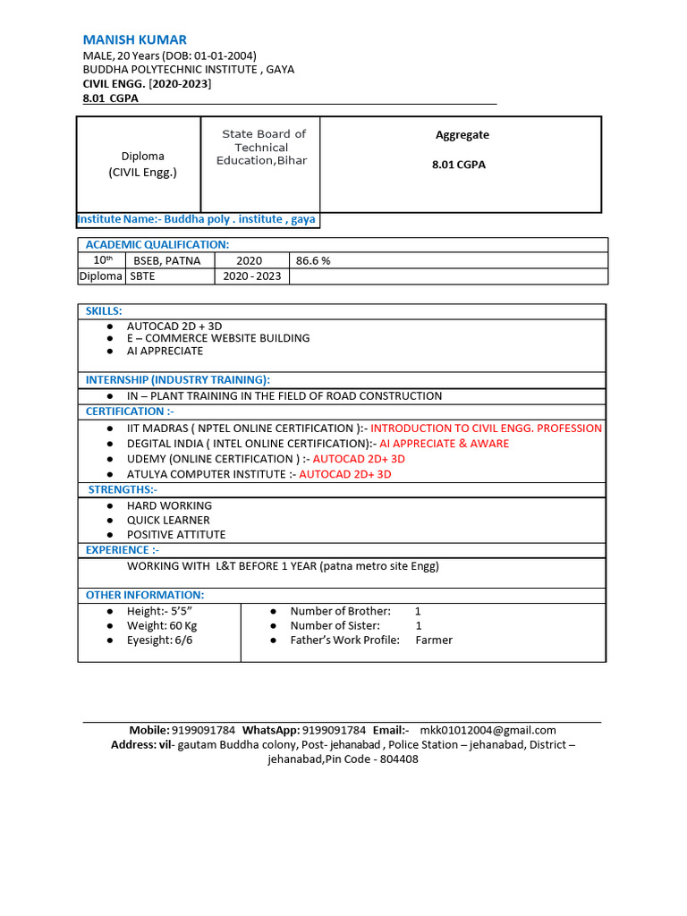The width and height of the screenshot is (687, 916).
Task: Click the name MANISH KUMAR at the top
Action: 134,39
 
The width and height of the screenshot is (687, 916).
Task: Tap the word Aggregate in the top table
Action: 462,135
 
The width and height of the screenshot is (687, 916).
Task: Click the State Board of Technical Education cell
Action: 261,148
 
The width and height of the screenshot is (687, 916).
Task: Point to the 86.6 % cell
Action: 313,261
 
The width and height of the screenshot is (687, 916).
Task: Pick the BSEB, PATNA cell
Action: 168,261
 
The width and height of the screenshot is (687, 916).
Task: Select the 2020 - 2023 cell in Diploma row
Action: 252,276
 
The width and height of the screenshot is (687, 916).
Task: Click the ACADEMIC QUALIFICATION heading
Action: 157,245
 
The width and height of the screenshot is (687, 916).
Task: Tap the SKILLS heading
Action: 104,310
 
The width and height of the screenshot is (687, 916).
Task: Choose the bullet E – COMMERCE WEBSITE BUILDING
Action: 217,338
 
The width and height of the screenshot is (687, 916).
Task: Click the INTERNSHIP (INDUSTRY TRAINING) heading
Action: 177,380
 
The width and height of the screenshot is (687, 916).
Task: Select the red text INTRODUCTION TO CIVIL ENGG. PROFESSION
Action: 486,428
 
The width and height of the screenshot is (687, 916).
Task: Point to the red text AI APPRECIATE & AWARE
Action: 444,444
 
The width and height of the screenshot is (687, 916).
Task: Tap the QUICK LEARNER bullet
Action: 168,520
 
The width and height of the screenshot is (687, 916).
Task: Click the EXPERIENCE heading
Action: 122,550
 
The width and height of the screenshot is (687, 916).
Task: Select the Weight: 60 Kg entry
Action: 161,625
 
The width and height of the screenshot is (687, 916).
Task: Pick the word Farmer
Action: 434,640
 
